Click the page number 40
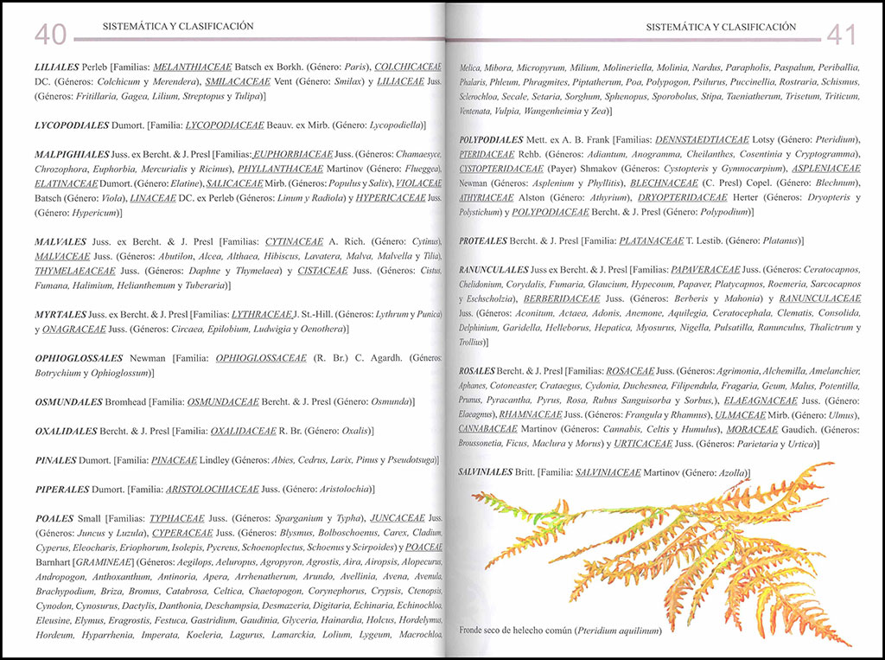(x=50, y=34)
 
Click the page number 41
(x=841, y=34)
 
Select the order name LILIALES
(x=57, y=67)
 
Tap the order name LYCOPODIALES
(x=71, y=125)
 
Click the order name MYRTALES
(x=60, y=314)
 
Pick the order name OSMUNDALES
(x=68, y=402)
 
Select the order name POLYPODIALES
(x=492, y=139)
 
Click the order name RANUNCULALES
(x=493, y=271)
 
